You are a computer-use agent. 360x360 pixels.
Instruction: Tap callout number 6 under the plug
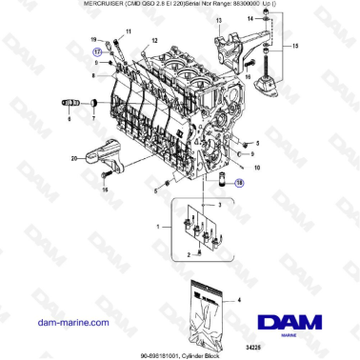click(70, 121)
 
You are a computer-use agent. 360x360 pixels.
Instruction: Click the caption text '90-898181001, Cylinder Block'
click(180, 352)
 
